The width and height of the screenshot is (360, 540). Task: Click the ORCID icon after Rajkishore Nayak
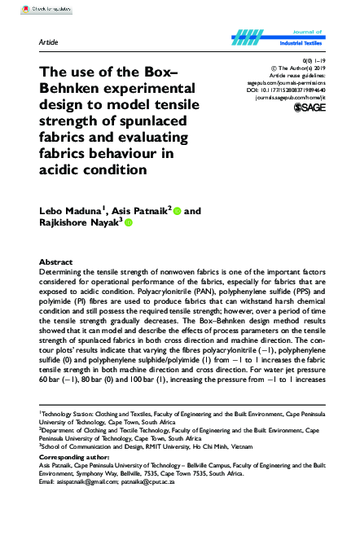[128, 222]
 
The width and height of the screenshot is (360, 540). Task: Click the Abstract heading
[56, 262]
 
